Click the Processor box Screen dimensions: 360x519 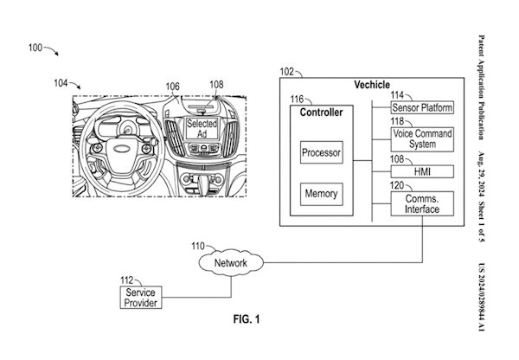(x=322, y=153)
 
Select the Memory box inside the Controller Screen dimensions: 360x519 (x=322, y=193)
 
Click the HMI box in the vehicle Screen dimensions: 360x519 (x=422, y=172)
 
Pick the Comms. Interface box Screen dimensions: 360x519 (x=422, y=204)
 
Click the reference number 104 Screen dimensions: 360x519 (x=60, y=84)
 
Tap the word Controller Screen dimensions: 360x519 (x=321, y=112)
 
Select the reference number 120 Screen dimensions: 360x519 (x=400, y=185)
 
